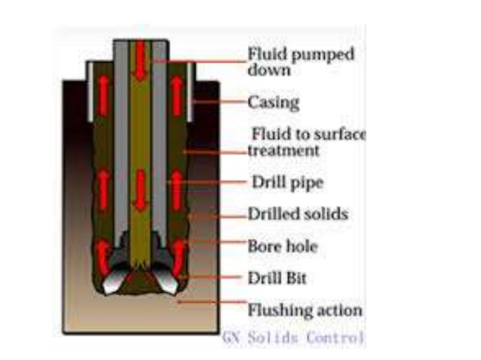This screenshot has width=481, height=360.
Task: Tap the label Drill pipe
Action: coord(281,182)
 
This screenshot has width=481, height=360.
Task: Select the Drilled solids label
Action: coord(298,215)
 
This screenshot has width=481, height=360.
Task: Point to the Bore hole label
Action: coord(283,246)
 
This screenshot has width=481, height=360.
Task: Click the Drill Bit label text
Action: coord(277,278)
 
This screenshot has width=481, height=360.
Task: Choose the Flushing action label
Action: coord(305,310)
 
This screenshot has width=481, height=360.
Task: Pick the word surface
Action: coord(339,135)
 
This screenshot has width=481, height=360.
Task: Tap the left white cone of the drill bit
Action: coord(110,280)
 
